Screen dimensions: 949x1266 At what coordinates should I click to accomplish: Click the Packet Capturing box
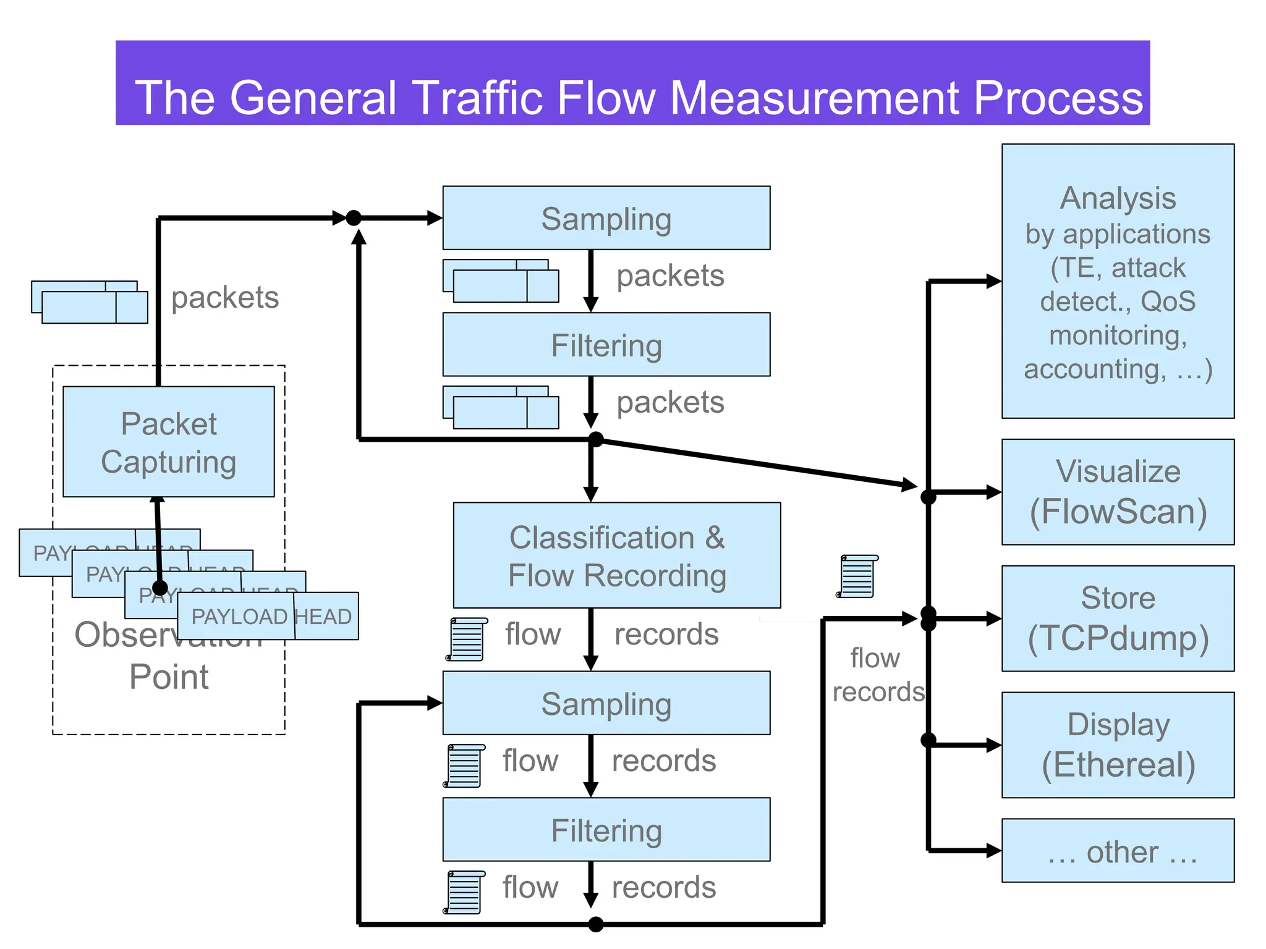point(168,442)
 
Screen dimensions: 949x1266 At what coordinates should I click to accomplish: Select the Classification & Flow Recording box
point(616,555)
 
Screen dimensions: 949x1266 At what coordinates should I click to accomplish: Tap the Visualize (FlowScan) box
point(1118,492)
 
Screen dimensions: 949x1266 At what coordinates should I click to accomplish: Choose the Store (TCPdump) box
point(1118,618)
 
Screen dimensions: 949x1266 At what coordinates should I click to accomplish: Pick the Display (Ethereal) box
point(1118,744)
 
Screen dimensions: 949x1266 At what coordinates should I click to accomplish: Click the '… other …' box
point(1118,851)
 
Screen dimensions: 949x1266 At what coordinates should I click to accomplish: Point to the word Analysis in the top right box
point(1118,198)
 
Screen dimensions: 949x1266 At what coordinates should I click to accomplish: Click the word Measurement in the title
point(816,98)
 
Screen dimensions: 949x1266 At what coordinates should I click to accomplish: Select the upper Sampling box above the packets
point(606,218)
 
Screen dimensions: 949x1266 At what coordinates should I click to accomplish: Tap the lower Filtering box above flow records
point(606,829)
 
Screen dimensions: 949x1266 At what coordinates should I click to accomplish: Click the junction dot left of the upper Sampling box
point(354,217)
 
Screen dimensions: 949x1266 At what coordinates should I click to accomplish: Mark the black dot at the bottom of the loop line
point(595,924)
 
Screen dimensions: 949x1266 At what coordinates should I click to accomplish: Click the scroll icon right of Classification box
point(857,576)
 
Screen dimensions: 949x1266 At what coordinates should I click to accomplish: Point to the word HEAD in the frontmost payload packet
point(323,617)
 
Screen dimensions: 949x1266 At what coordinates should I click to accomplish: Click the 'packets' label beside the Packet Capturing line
point(225,298)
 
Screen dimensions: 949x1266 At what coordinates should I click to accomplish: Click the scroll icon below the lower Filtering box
point(465,892)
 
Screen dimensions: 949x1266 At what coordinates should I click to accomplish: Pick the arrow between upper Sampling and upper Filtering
point(591,280)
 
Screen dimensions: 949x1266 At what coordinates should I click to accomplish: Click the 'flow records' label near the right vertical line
point(877,675)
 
